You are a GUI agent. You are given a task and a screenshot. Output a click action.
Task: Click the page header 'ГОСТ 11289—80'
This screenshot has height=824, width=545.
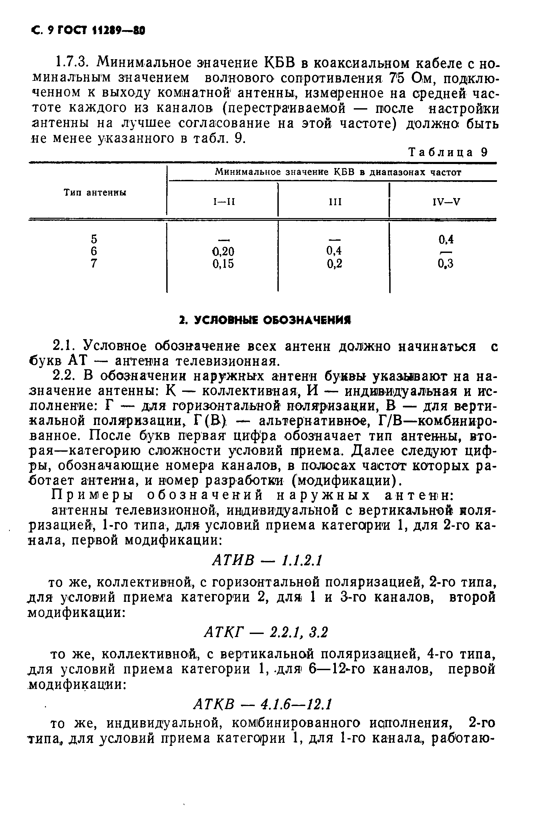pos(101,31)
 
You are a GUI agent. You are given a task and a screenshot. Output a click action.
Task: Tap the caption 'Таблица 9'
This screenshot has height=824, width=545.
pos(448,152)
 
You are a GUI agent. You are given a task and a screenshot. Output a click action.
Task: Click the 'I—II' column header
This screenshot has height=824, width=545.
pos(224,202)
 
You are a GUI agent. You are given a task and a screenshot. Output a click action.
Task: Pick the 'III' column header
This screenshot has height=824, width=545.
pos(335,202)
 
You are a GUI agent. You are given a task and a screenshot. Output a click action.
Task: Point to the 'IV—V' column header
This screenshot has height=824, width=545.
pos(446,202)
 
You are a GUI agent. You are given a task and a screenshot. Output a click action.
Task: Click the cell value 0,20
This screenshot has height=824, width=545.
pos(223,251)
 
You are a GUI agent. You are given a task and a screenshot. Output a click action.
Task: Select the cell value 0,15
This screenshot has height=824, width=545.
pos(223,264)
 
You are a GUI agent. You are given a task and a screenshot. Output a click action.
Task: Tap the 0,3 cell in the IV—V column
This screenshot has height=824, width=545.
pos(446,264)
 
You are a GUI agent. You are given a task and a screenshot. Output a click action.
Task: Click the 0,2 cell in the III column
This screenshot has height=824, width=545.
pos(335,264)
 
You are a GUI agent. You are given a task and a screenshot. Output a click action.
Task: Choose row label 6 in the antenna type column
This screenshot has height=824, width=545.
pos(94,251)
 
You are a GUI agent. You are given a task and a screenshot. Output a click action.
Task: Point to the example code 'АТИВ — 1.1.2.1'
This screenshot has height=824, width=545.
pos(267,560)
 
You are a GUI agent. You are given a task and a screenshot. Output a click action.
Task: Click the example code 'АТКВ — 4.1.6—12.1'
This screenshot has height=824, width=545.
pos(263,704)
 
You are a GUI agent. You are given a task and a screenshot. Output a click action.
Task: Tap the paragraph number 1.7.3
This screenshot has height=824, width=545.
pos(71,63)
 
